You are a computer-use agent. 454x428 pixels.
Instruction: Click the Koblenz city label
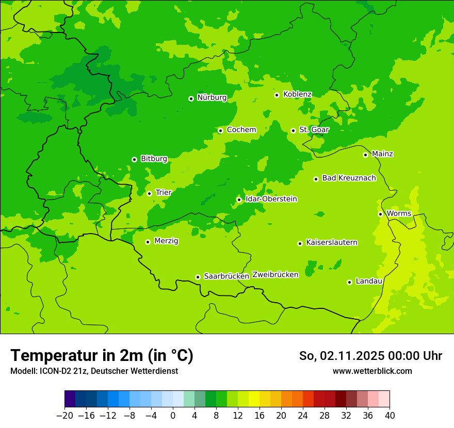pyautogui.click(x=297, y=94)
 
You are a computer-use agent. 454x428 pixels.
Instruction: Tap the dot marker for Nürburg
pyautogui.click(x=191, y=98)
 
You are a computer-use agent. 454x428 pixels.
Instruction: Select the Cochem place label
pyautogui.click(x=241, y=130)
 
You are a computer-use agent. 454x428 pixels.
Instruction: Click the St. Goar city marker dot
pyautogui.click(x=293, y=130)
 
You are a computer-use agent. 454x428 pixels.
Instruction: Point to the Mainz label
pyautogui.click(x=382, y=154)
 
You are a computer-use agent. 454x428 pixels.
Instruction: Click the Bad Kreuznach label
pyautogui.click(x=349, y=178)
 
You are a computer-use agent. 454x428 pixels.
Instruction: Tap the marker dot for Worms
pyautogui.click(x=380, y=214)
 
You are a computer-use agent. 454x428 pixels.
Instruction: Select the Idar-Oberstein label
pyautogui.click(x=271, y=199)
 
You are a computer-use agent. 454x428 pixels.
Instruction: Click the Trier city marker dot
pyautogui.click(x=149, y=193)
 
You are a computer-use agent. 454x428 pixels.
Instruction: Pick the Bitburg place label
pyautogui.click(x=154, y=159)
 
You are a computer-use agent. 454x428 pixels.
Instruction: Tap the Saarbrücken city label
pyautogui.click(x=226, y=276)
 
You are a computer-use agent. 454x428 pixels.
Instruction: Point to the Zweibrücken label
pyautogui.click(x=275, y=275)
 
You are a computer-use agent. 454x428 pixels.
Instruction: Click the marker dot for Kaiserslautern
pyautogui.click(x=300, y=243)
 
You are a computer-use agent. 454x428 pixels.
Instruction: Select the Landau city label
pyautogui.click(x=369, y=282)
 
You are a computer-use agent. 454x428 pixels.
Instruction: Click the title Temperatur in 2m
pyautogui.click(x=102, y=356)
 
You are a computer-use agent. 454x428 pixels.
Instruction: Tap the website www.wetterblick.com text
pyautogui.click(x=372, y=371)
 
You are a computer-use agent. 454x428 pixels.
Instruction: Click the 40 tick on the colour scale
pyautogui.click(x=390, y=416)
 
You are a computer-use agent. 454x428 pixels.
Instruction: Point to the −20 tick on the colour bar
pyautogui.click(x=64, y=416)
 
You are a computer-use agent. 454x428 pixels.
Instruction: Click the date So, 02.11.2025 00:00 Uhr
pyautogui.click(x=370, y=356)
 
